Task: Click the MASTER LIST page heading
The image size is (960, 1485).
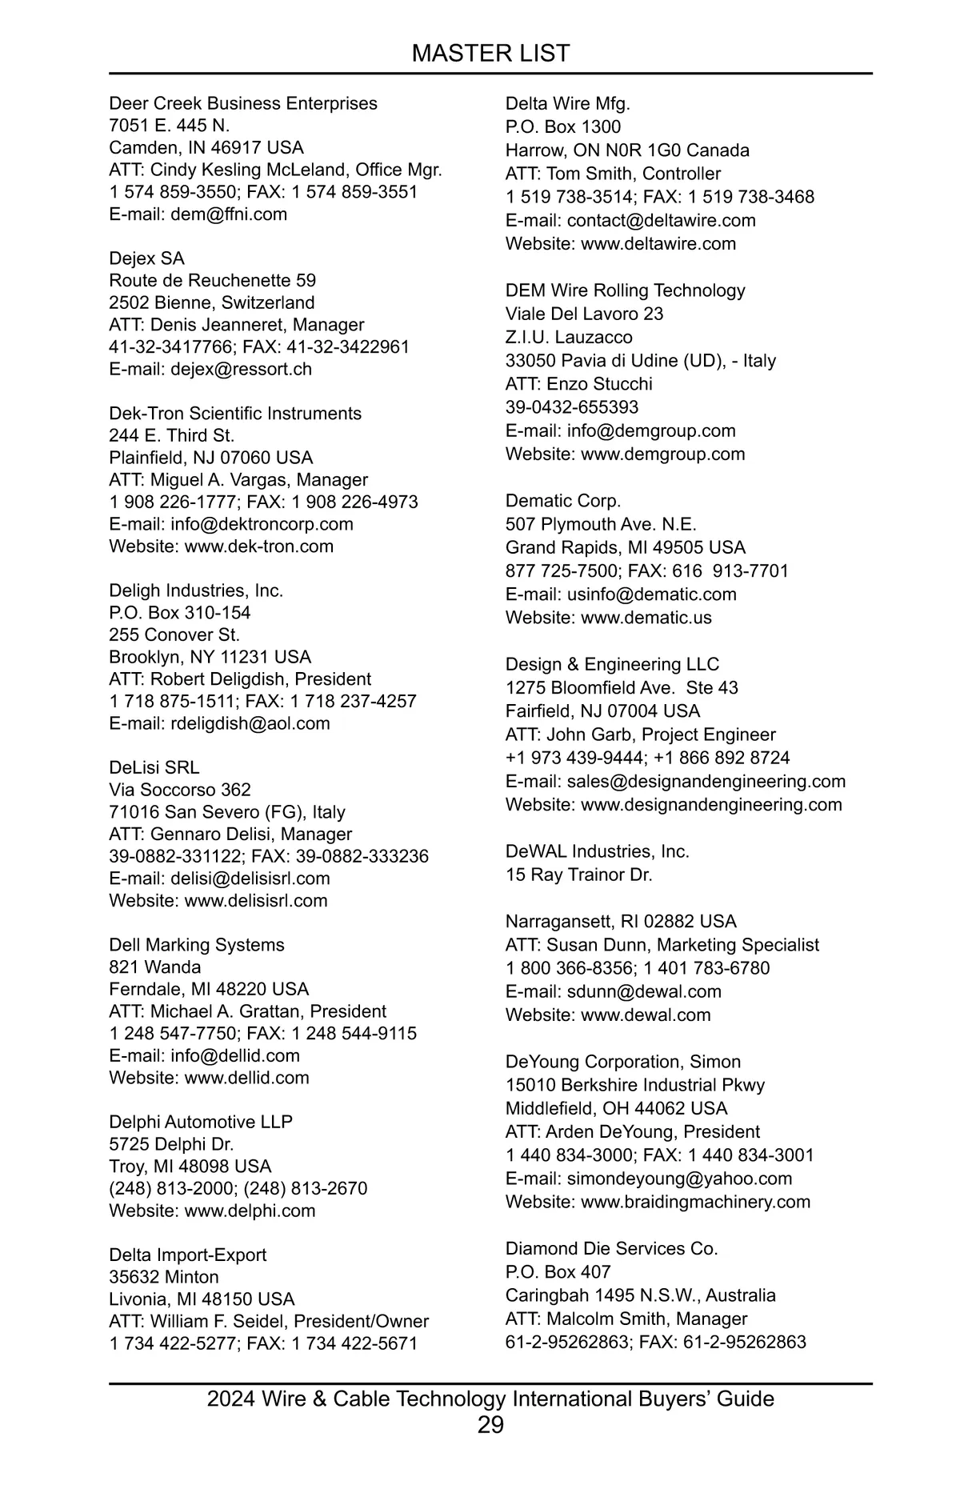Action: pos(490,54)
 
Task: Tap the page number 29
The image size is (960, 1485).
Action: pos(490,1424)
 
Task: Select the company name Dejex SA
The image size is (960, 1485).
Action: pos(146,258)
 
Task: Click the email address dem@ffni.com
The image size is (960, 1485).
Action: pos(228,214)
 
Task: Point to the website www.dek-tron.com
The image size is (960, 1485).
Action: pos(258,546)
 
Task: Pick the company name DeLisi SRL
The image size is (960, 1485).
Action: pos(154,767)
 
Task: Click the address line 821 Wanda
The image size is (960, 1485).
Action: pos(155,967)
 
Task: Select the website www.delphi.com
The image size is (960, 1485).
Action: pos(250,1211)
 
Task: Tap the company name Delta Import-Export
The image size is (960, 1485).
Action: pos(187,1255)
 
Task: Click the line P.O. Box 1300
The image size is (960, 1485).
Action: pos(562,126)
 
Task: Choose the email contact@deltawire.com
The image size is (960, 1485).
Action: pos(661,220)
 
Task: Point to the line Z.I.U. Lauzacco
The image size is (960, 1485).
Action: pos(568,337)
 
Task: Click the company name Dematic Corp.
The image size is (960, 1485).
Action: pos(562,501)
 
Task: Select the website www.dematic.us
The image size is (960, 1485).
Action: pos(646,618)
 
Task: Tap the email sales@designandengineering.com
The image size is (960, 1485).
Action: pos(706,781)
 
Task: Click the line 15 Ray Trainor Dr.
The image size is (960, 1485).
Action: pos(578,875)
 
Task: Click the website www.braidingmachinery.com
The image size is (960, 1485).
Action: pos(695,1202)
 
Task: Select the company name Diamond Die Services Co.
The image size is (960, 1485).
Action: pos(611,1248)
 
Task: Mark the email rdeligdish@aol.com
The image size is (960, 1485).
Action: pos(250,723)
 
